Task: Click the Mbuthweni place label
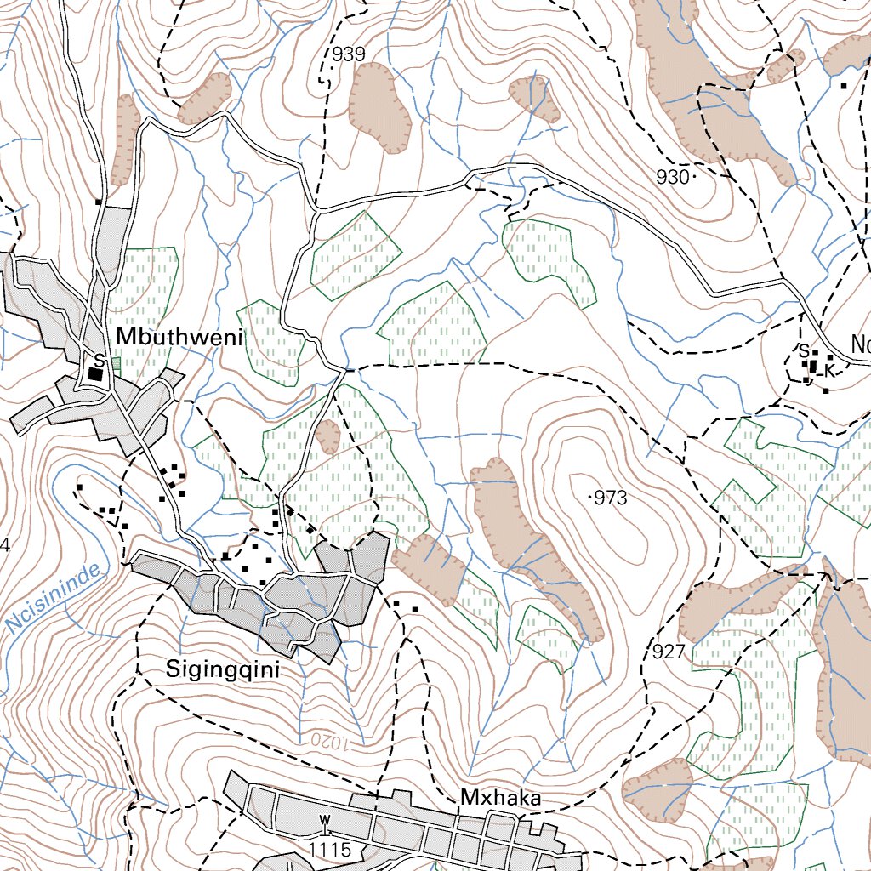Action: (179, 337)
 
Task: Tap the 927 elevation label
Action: (669, 652)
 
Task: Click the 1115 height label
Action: (329, 849)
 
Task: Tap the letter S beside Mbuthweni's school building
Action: (99, 360)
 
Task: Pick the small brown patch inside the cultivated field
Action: (327, 437)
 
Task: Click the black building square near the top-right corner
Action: (843, 86)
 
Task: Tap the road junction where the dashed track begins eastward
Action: (347, 370)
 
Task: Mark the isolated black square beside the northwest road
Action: (99, 202)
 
